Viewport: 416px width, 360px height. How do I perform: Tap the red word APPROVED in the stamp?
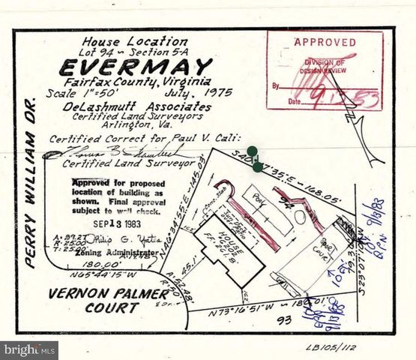[325, 43]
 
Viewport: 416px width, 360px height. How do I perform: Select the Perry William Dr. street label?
[31, 183]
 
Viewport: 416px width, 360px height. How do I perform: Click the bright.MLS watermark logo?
[29, 350]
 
